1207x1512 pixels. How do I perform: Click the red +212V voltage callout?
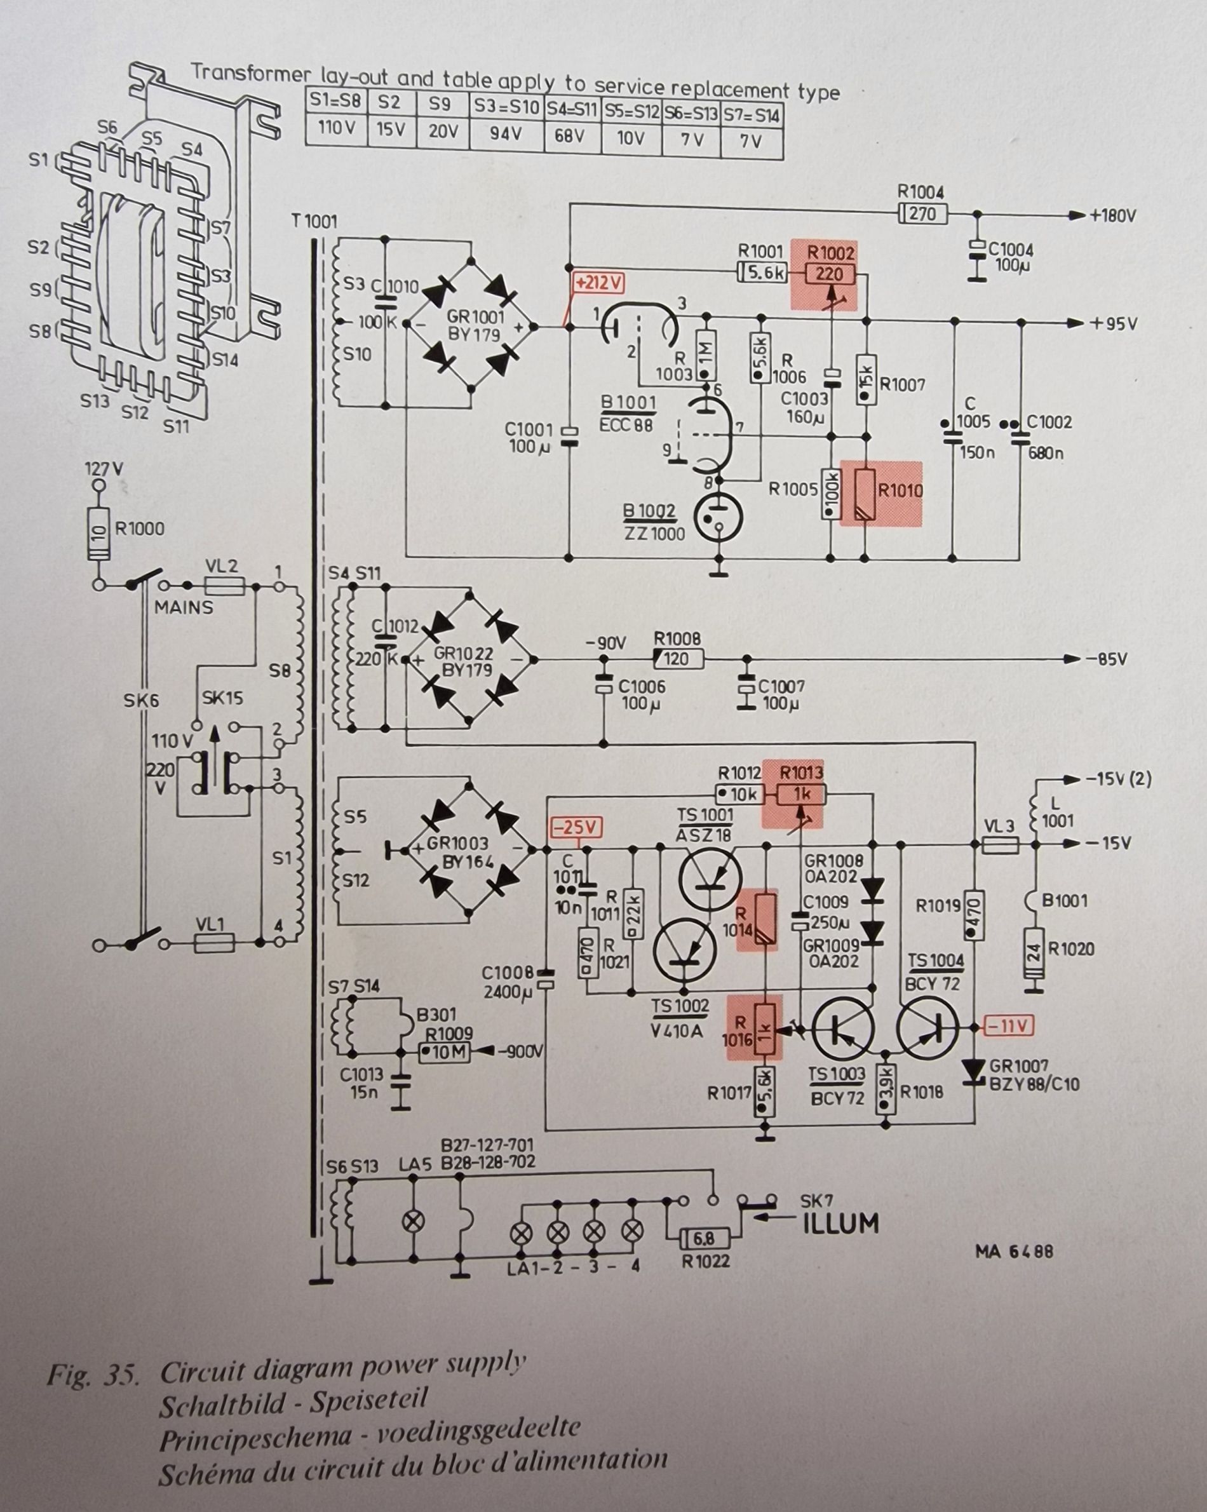(598, 282)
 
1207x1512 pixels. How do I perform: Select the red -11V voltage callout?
(1009, 1026)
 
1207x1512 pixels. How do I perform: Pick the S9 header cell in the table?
(440, 103)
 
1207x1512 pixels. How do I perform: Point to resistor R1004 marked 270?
(922, 213)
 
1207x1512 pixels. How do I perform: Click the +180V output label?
(1112, 215)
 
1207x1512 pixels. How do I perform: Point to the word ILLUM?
(840, 1223)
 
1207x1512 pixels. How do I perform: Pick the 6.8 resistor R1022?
(705, 1238)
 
